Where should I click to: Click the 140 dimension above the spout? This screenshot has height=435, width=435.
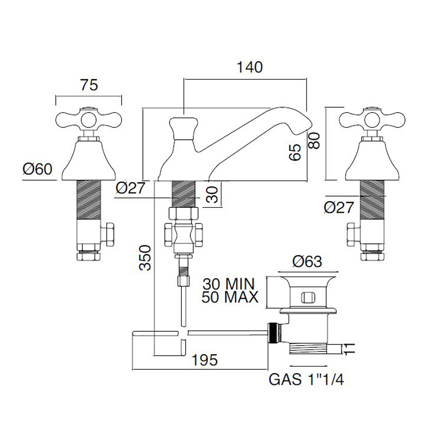[250, 67]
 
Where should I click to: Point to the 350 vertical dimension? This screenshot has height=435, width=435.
[146, 258]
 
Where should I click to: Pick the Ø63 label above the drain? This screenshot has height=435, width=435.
[307, 262]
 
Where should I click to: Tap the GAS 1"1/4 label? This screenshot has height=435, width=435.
[307, 380]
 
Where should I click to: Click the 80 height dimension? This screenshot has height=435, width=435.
[314, 140]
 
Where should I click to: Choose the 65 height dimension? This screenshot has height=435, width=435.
[295, 153]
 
